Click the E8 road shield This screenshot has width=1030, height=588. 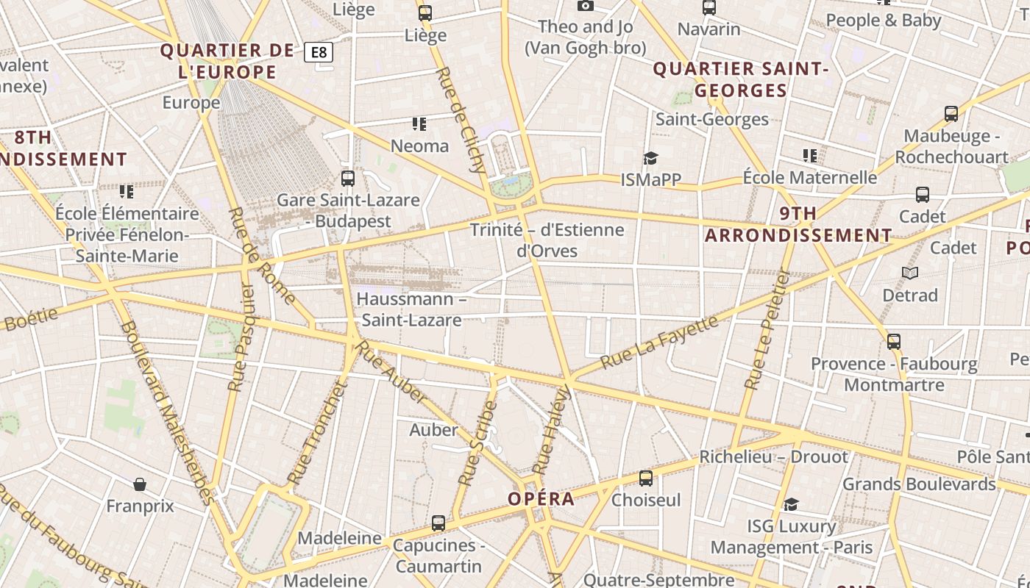click(x=319, y=52)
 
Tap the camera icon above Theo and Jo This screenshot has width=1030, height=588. click(x=586, y=6)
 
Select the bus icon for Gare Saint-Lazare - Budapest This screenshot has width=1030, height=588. click(x=348, y=179)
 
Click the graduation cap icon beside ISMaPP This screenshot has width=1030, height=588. click(x=650, y=158)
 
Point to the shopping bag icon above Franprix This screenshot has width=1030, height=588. click(x=140, y=484)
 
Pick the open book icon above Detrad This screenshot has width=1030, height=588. click(x=910, y=273)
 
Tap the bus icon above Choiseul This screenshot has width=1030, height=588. click(x=646, y=478)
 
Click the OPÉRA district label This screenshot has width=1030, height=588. click(x=541, y=499)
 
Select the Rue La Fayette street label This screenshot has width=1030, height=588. click(x=658, y=343)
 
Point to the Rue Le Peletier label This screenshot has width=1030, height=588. click(x=767, y=330)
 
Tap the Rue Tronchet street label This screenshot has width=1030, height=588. click(x=317, y=434)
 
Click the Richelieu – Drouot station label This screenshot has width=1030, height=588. click(x=773, y=456)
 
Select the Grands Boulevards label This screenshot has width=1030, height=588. click(x=919, y=484)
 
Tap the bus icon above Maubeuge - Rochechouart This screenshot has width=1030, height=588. click(x=951, y=114)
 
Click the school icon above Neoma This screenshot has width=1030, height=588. click(x=419, y=123)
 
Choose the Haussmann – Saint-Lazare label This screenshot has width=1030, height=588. click(x=411, y=309)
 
